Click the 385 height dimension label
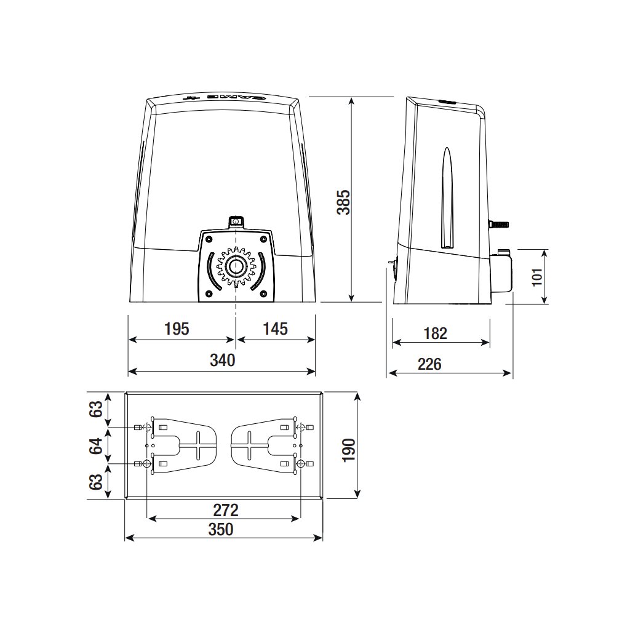click(344, 202)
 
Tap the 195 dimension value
click(177, 329)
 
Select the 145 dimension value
click(275, 329)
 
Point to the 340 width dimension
click(223, 361)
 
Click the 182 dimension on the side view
click(436, 333)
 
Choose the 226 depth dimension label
click(429, 364)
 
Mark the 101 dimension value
click(537, 277)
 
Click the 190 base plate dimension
click(349, 450)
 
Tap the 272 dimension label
click(226, 510)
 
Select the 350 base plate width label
click(221, 530)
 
